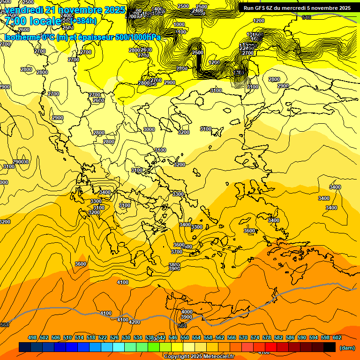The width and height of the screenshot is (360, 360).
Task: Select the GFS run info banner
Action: coord(297,8)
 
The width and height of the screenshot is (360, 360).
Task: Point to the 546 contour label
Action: coord(307,17)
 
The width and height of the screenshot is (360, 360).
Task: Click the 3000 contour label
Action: coord(149,129)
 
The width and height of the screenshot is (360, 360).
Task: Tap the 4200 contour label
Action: coord(135,322)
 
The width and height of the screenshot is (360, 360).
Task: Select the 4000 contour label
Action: coord(187,312)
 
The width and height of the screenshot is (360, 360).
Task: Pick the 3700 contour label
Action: coord(176,252)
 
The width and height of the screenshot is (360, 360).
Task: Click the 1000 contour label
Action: coord(179,24)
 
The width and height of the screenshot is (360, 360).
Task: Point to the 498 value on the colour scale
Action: coord(32,337)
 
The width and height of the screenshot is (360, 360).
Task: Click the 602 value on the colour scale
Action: coord(337,337)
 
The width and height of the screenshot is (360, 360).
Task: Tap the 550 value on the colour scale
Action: coord(185,337)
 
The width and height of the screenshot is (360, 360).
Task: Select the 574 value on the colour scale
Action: coord(255,337)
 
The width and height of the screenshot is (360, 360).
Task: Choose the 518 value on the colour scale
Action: coord(91,337)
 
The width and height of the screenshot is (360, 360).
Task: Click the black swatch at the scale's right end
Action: coord(330,347)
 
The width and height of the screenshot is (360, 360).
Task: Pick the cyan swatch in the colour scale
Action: coord(119,347)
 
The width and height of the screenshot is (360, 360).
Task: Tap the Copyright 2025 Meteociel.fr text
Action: coord(199,356)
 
